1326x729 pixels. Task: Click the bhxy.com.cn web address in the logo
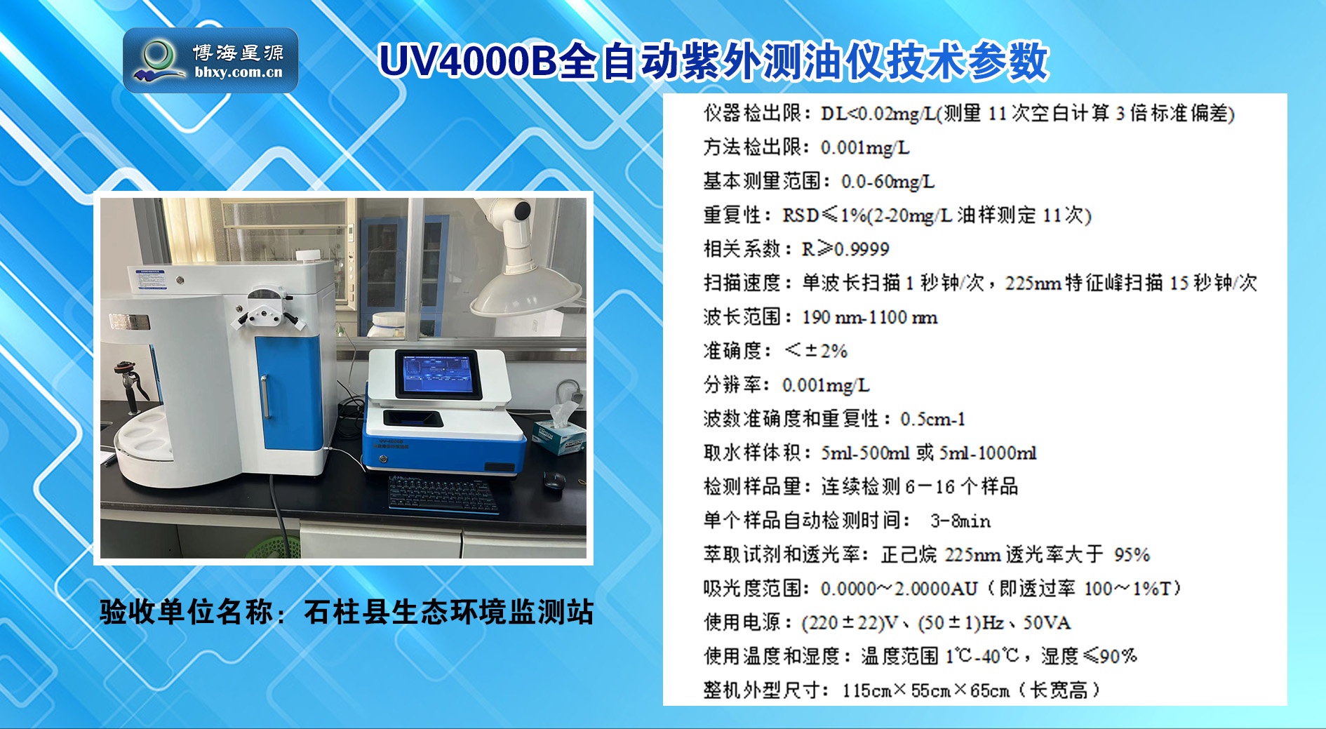click(x=239, y=72)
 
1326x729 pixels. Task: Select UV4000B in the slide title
click(x=467, y=61)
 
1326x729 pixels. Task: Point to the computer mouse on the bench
click(x=554, y=479)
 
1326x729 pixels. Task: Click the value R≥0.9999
click(x=845, y=249)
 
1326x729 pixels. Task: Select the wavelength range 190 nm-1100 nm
click(x=869, y=317)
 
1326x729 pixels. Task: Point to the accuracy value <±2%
click(x=816, y=351)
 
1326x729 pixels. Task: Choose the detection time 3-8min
click(x=960, y=521)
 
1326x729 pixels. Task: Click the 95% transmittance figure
click(x=1132, y=555)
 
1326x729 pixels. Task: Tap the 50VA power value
click(x=1047, y=623)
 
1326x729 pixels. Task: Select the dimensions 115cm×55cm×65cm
click(x=926, y=691)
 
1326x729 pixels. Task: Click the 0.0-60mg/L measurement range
click(x=888, y=182)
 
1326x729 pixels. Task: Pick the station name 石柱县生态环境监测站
click(x=448, y=612)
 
